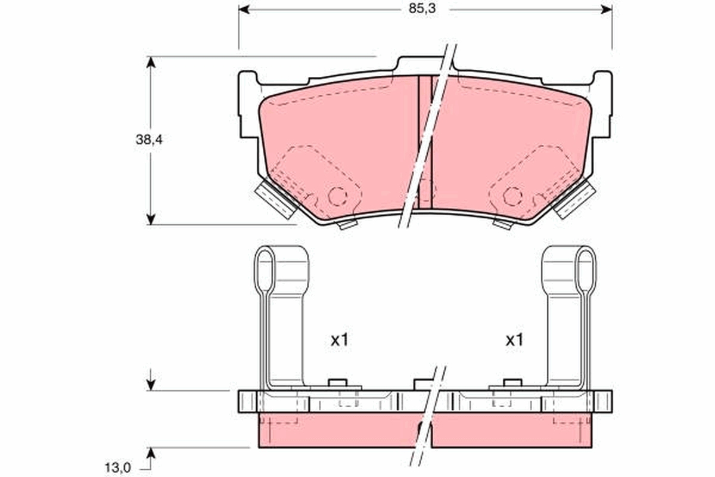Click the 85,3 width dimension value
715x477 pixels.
click(x=422, y=8)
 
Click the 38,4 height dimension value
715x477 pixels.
click(x=149, y=140)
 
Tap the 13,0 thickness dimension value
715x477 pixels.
click(x=118, y=468)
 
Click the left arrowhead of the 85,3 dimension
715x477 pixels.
click(x=244, y=10)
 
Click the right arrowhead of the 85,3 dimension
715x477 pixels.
click(x=607, y=10)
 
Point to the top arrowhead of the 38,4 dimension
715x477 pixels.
click(x=151, y=62)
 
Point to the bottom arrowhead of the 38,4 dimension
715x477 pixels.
click(x=151, y=219)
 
